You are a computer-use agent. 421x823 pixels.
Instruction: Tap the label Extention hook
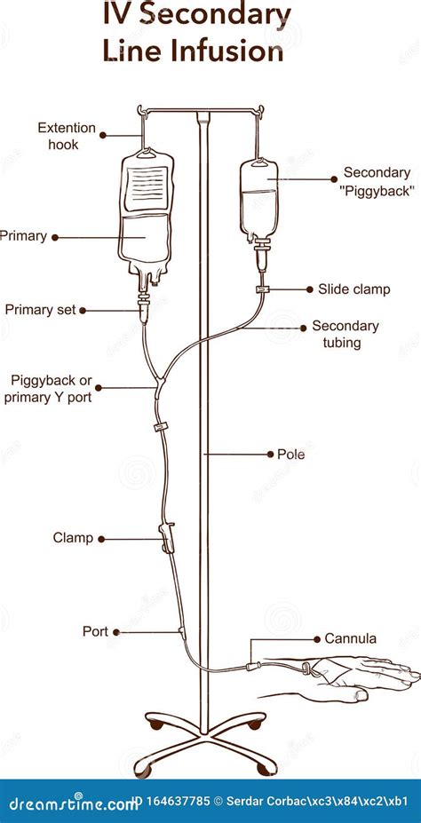coord(67,136)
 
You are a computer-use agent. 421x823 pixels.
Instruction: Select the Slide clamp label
coord(354,289)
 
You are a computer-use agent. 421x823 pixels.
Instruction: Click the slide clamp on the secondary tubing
coord(262,289)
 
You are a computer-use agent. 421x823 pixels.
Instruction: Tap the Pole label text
coord(290,454)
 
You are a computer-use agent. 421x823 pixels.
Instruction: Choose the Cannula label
coord(351,638)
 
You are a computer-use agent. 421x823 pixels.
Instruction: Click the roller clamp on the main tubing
coord(168,537)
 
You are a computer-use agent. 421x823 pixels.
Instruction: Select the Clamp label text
coord(73,538)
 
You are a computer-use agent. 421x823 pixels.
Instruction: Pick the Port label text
coord(95,631)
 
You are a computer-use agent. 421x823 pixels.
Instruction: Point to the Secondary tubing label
coord(346,335)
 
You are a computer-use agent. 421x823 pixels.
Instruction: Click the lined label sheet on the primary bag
coord(147,188)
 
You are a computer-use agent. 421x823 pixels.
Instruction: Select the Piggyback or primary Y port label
coord(48,388)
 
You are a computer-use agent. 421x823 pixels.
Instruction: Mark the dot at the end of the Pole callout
coord(270,454)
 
